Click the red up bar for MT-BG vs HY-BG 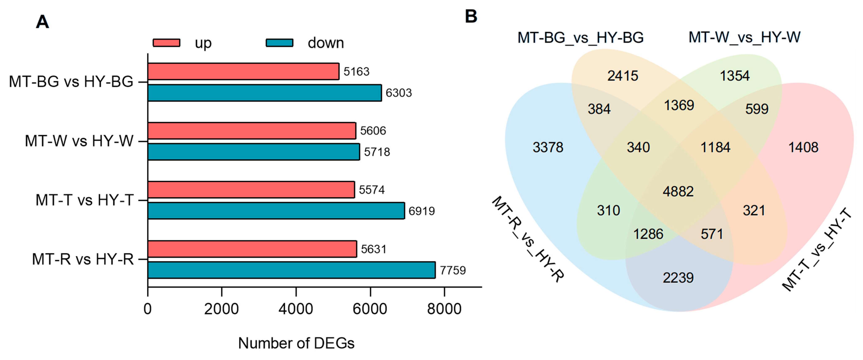point(243,71)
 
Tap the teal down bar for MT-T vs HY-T point(276,211)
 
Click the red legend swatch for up point(167,43)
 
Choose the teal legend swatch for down point(279,43)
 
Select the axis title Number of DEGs point(296,343)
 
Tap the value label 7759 point(453,270)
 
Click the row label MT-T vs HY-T point(84,200)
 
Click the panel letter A point(43,22)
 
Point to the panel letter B point(471,16)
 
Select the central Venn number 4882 point(678,191)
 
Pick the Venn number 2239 point(678,278)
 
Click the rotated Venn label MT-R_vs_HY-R point(528,239)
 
